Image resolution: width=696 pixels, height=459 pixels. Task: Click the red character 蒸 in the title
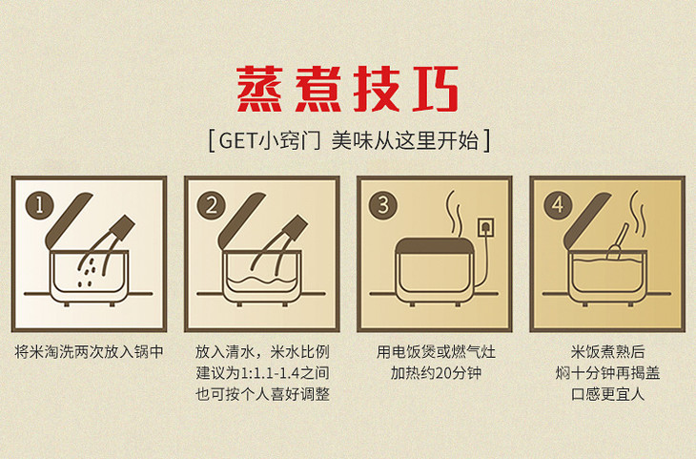point(259,90)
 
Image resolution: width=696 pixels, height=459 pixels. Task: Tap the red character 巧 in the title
point(435,90)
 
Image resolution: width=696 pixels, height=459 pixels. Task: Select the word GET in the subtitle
point(237,141)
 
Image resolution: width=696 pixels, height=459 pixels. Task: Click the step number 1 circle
point(39,205)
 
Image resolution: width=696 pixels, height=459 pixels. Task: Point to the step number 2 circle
point(212,205)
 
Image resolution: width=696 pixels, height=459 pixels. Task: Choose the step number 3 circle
point(383,205)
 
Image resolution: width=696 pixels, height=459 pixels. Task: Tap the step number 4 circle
point(558,205)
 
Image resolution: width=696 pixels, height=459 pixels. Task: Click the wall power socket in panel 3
point(485,227)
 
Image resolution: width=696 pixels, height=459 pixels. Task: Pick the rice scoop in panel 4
point(618,243)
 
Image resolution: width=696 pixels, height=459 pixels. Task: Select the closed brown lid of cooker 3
point(435,245)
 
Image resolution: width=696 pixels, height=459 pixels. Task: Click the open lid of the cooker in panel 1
point(68,220)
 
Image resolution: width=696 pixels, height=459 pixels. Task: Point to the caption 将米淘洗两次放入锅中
point(90,352)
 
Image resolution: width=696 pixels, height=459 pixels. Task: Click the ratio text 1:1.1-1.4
point(270,373)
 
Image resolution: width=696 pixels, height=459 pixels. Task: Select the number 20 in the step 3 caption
point(443,373)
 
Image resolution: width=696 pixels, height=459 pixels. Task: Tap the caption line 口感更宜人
point(607,394)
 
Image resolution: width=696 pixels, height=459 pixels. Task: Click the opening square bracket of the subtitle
point(212,141)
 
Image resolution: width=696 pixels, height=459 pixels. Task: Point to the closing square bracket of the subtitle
point(486,141)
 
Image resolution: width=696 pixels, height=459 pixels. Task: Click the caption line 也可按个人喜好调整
point(262,394)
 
